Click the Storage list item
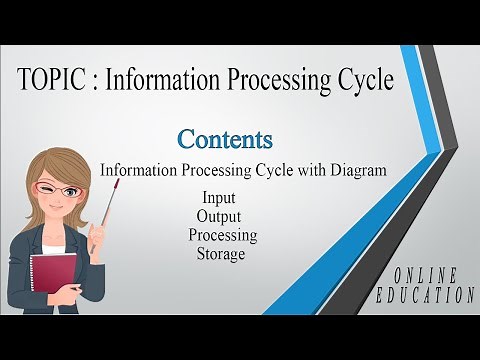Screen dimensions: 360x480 pos(221,254)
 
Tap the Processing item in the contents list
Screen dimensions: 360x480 pos(222,235)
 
